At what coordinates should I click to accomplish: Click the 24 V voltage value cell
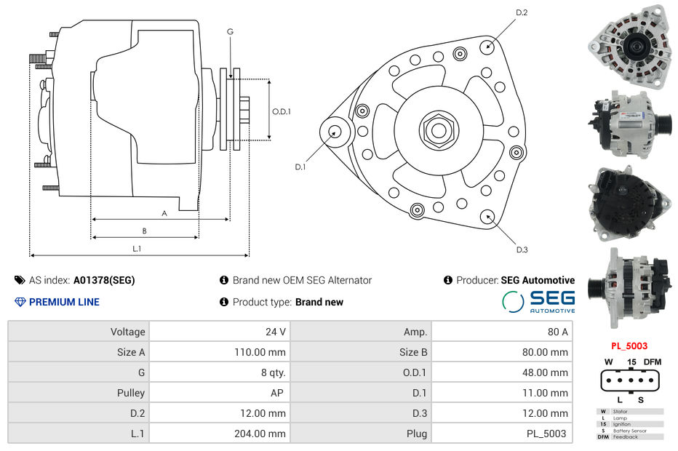click(x=275, y=332)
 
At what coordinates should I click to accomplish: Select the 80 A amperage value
click(x=557, y=332)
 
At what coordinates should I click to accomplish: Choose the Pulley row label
click(x=131, y=393)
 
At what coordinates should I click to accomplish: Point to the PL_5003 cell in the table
click(x=546, y=434)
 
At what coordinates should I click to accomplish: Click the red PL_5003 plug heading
click(x=629, y=346)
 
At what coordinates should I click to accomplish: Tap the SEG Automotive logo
click(x=539, y=301)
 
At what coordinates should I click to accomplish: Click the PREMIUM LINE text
click(x=64, y=302)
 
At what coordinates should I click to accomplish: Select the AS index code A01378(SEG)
click(x=103, y=280)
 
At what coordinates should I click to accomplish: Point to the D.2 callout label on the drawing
click(x=522, y=13)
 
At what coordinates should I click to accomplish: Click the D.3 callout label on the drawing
click(x=522, y=250)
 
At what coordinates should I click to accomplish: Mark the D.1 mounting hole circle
click(x=335, y=132)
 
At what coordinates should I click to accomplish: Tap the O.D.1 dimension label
click(x=282, y=112)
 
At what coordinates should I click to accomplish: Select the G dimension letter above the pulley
click(x=230, y=31)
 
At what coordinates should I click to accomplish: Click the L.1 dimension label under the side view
click(x=136, y=249)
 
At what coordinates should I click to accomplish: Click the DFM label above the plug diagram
click(x=653, y=362)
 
